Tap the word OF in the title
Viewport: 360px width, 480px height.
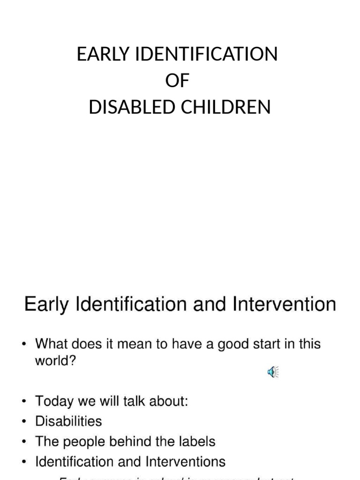tap(177, 81)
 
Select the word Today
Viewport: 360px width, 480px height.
tap(54, 402)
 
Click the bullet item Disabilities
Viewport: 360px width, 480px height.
tap(68, 421)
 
